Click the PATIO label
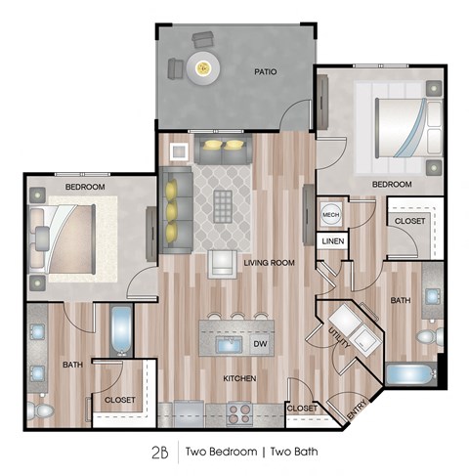point(266,71)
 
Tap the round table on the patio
point(203,68)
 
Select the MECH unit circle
point(330,215)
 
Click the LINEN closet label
point(333,241)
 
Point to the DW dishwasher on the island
point(260,344)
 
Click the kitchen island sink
point(229,344)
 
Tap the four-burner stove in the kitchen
point(240,413)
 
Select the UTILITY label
point(339,338)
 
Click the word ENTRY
point(357,410)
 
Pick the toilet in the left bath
point(40,411)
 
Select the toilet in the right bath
point(430,337)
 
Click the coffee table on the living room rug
point(223,205)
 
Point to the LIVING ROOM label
point(269,263)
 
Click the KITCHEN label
point(239,378)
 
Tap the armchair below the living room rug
point(223,264)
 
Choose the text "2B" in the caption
point(160,452)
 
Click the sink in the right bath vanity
point(432,296)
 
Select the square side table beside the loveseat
point(179,151)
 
